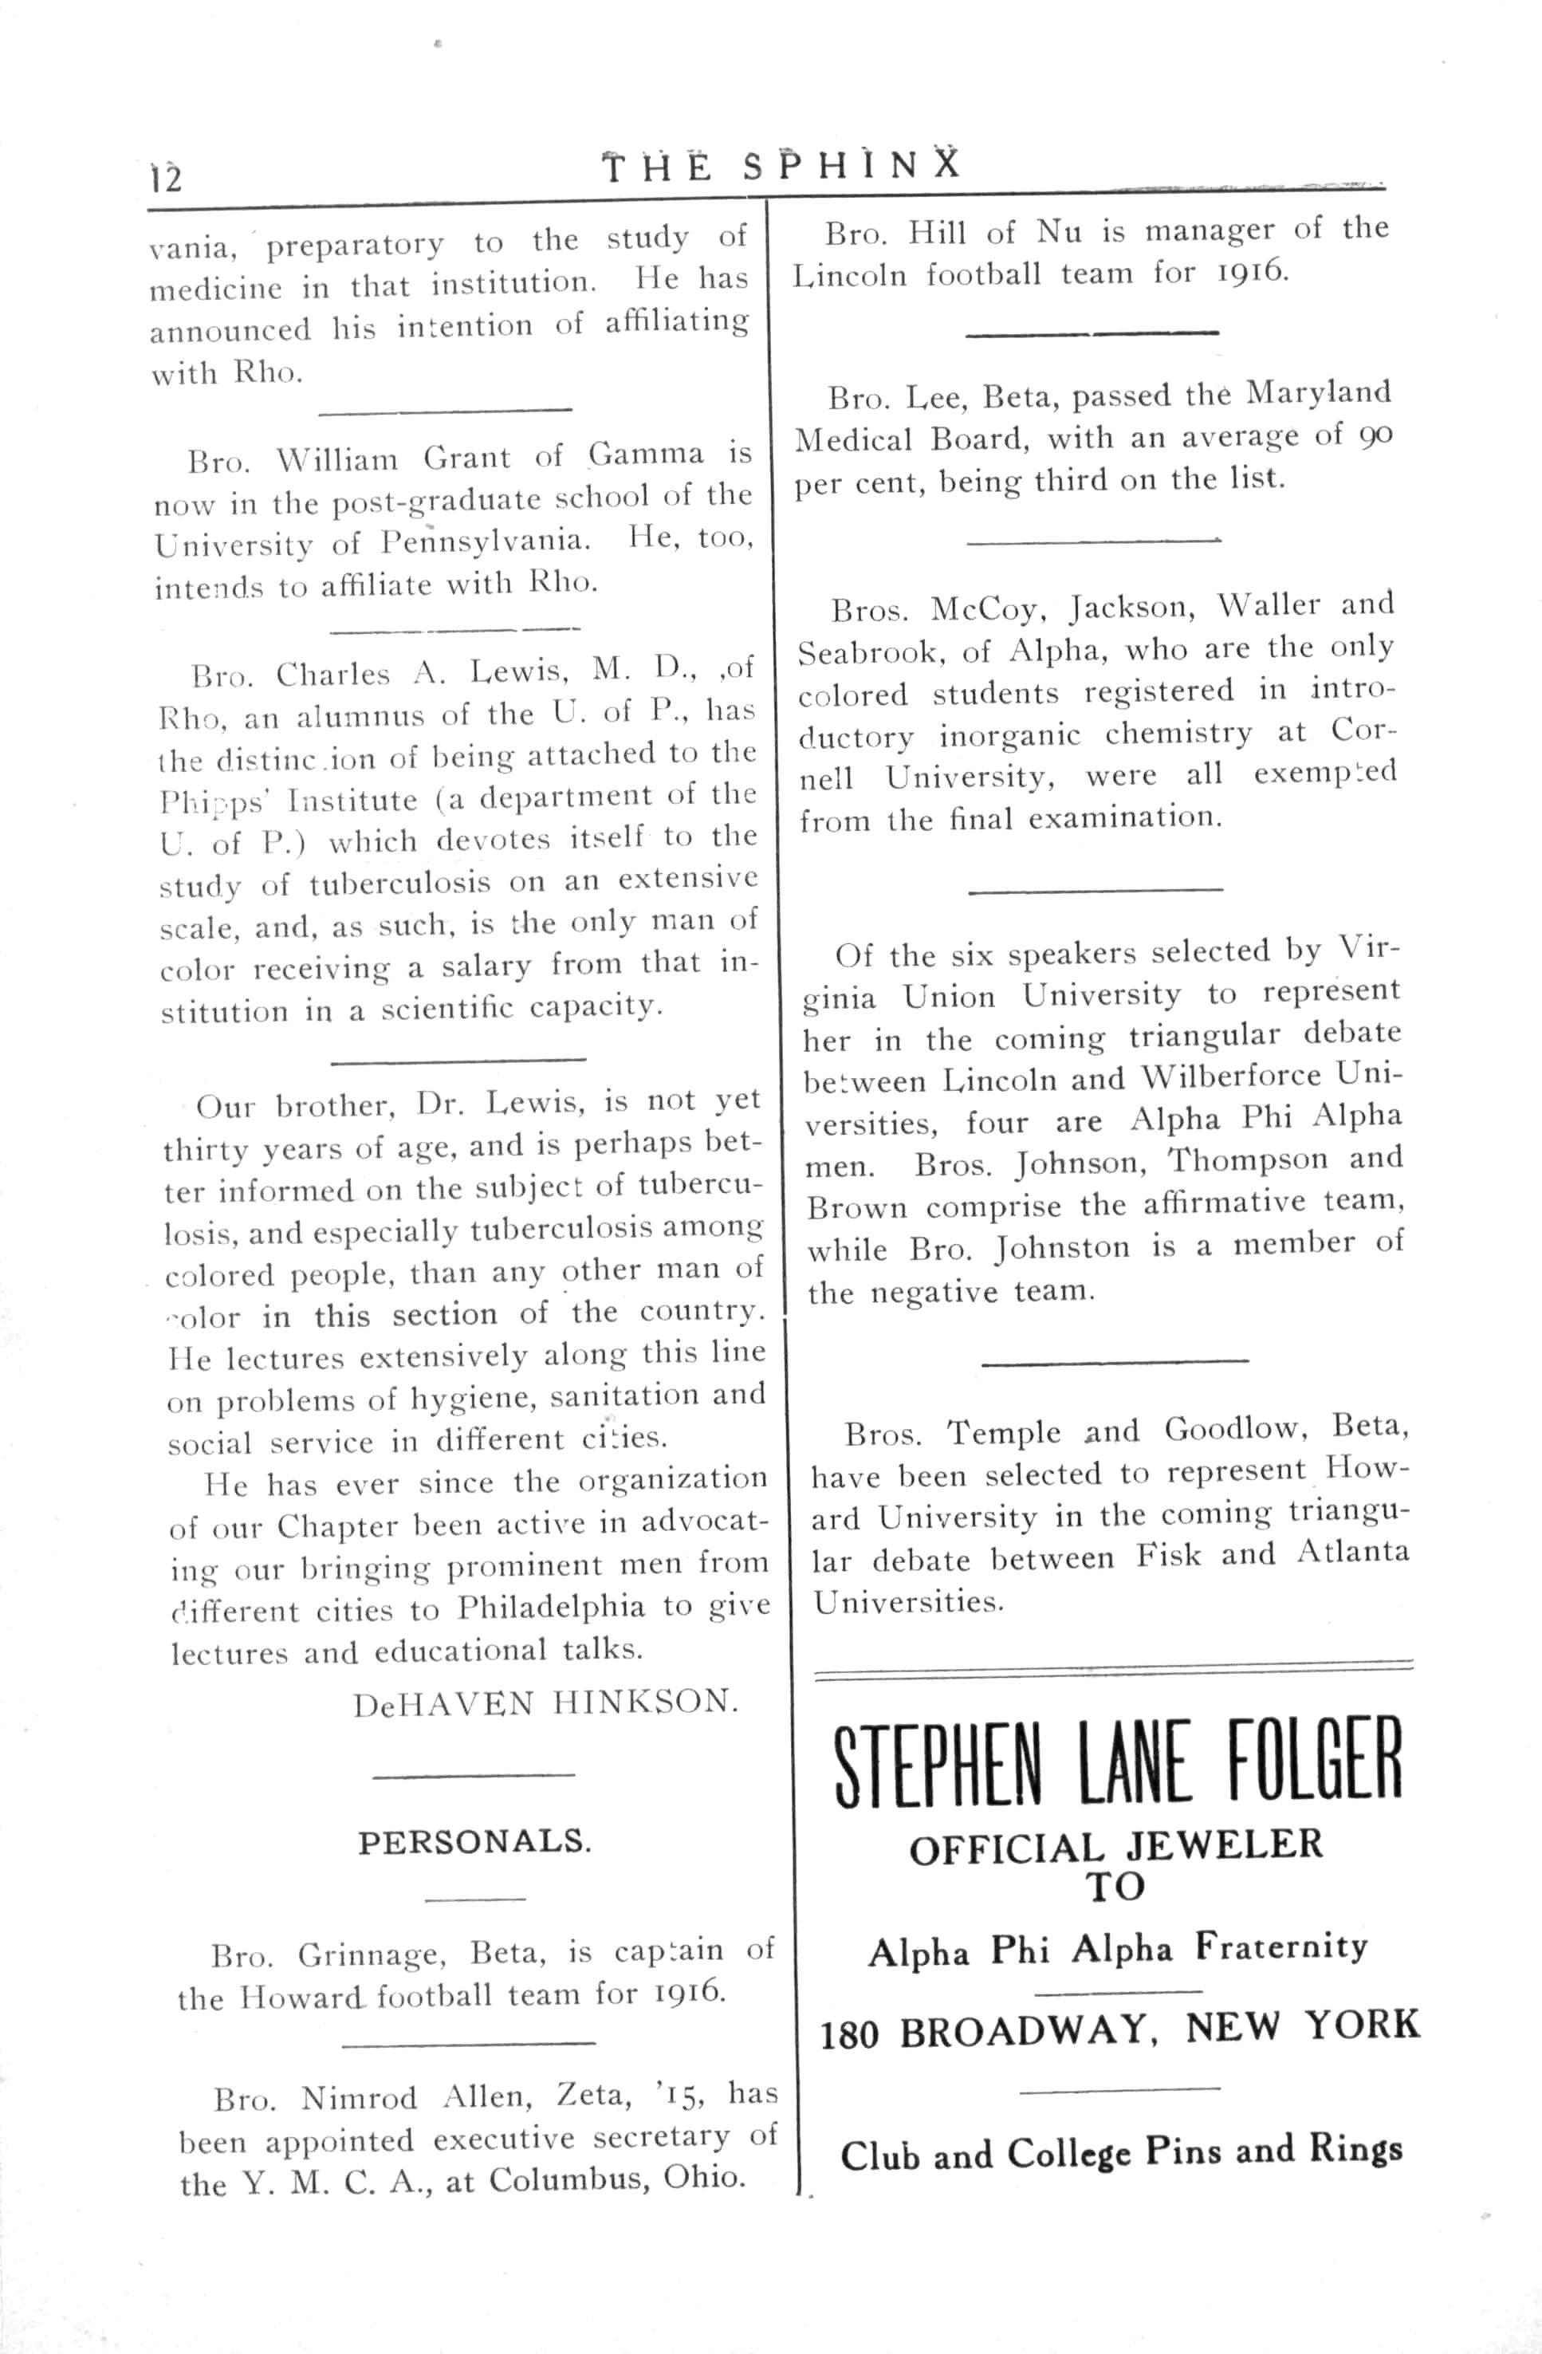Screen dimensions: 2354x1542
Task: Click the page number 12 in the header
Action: (x=166, y=178)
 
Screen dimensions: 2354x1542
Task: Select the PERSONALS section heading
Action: (x=474, y=1842)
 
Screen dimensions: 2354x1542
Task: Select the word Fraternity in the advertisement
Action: (x=1282, y=1947)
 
